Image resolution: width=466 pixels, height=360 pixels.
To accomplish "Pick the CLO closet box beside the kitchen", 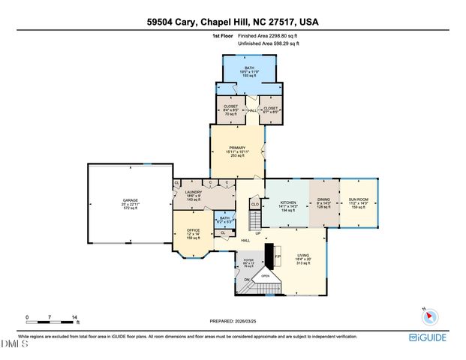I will pos(255,203).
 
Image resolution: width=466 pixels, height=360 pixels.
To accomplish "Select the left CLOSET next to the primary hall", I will pos(230,109).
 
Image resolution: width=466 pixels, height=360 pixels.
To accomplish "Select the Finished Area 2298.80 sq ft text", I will pos(268,35).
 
